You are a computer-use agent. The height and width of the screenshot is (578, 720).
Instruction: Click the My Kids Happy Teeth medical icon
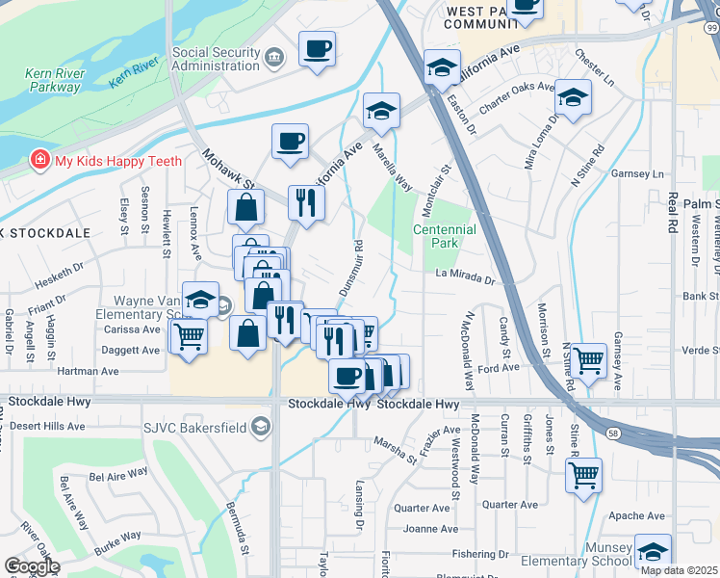point(40,160)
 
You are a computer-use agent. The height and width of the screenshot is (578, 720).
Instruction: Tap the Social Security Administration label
point(217,59)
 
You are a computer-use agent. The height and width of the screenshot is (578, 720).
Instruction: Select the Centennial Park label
point(444,236)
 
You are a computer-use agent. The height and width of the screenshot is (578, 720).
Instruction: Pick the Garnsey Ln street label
point(644,175)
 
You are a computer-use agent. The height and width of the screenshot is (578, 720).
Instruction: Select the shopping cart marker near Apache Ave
point(583,474)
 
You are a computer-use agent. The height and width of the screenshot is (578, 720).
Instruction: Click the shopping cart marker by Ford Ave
point(588,360)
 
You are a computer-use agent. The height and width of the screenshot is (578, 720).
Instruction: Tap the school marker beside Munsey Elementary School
point(653,552)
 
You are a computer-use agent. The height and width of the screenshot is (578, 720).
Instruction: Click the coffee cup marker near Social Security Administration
point(317,48)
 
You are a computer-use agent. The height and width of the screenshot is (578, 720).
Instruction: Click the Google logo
point(32,565)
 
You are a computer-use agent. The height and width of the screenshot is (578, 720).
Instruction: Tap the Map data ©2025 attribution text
point(679,570)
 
